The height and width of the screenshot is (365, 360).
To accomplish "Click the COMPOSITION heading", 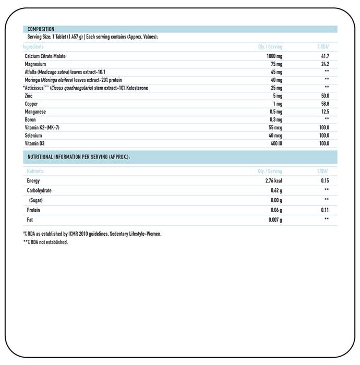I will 40,29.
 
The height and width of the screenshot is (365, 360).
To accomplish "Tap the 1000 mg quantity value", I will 274,56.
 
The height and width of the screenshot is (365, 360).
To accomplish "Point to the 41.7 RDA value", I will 325,56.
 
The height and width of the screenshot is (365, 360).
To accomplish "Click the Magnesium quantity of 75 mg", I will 276,64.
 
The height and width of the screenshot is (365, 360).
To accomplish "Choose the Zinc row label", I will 29,96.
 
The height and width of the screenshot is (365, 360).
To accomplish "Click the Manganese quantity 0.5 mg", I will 275,112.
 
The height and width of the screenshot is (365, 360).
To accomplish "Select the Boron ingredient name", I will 30,119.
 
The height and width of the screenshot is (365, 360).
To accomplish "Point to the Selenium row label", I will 33,136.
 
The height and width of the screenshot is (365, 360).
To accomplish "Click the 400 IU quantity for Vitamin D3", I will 275,143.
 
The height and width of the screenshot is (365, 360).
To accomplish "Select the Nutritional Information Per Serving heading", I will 78,157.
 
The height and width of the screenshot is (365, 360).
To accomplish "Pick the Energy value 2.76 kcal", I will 273,181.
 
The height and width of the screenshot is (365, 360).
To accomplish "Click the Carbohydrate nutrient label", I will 39,190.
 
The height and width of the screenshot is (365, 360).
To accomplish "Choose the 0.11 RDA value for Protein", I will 326,210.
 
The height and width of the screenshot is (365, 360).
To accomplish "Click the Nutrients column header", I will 35,171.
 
